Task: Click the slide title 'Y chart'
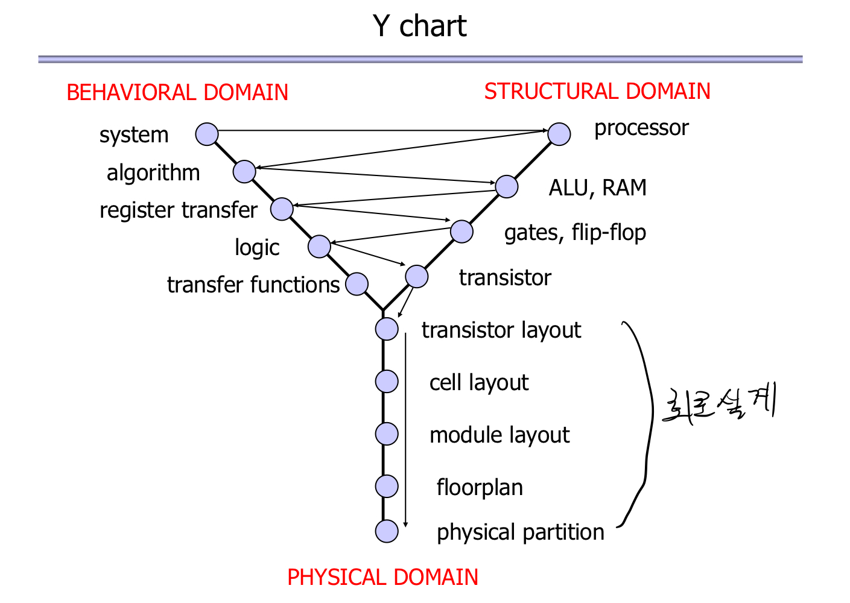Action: [x=419, y=26]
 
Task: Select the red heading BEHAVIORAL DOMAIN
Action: [x=177, y=92]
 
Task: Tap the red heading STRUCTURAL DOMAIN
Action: [x=597, y=91]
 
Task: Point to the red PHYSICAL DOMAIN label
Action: [x=382, y=577]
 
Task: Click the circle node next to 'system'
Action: [x=207, y=134]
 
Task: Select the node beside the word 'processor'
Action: [x=559, y=134]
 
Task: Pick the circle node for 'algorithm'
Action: [x=244, y=172]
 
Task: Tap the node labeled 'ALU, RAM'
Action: [x=507, y=186]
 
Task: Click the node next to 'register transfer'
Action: [x=282, y=209]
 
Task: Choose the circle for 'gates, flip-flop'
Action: [x=461, y=232]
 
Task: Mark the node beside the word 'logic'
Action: [x=319, y=246]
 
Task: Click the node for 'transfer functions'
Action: [x=357, y=284]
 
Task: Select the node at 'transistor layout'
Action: [x=387, y=329]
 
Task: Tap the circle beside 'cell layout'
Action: [x=387, y=381]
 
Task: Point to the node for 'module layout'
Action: [x=387, y=434]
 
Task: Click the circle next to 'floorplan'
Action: [x=387, y=485]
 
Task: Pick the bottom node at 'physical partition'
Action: [x=387, y=531]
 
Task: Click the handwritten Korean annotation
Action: [x=718, y=404]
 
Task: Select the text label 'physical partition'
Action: [x=520, y=532]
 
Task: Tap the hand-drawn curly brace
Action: [x=642, y=422]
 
